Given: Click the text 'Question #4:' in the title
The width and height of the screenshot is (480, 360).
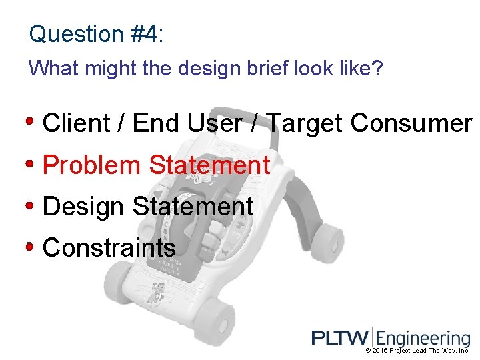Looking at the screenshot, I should point(96,34).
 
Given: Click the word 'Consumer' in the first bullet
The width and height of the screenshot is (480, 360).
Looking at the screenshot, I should point(411,123).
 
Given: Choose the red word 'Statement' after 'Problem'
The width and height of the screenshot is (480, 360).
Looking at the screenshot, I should point(209,165).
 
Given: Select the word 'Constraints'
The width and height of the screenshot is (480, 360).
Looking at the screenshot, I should point(109,248).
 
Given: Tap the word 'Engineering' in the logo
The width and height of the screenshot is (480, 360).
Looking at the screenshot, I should point(423,339).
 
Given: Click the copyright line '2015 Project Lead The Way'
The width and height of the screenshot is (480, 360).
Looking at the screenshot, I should point(418,351).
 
